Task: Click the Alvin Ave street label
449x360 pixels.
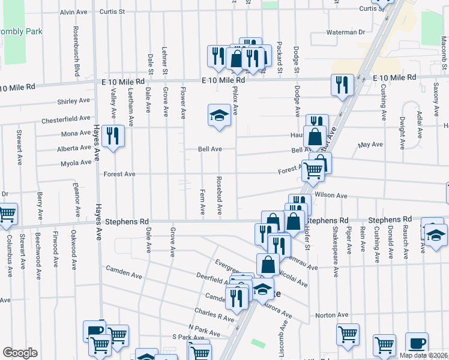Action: pos(74,12)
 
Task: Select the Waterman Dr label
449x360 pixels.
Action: pos(345,32)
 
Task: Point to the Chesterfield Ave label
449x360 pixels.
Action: pos(66,120)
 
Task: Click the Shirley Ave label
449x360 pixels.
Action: pos(73,101)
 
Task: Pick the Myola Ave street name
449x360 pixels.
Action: pos(76,163)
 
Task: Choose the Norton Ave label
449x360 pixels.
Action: pos(331,315)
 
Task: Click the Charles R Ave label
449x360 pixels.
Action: pos(214,316)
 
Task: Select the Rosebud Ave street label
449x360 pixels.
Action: pos(220,196)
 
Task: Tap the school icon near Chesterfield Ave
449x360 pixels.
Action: pos(220,115)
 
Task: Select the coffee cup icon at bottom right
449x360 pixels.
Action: pos(417,344)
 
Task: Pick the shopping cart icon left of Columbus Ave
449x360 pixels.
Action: pos(6,214)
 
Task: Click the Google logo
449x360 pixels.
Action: pos(20,353)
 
